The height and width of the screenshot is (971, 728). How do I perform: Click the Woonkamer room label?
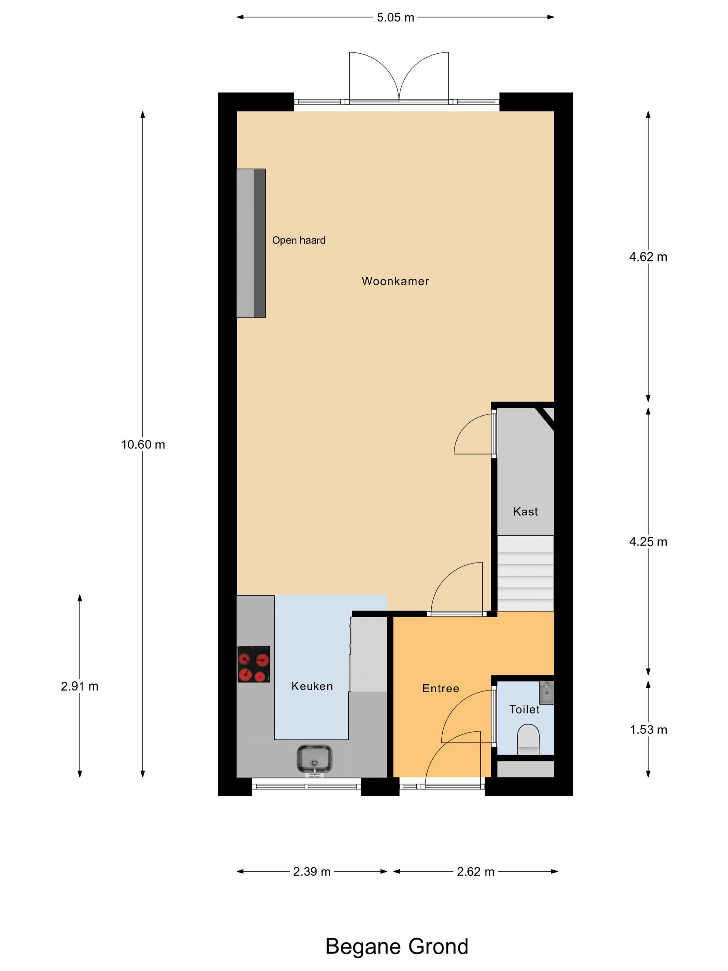[x=395, y=281]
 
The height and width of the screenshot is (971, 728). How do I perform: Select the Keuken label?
[x=312, y=686]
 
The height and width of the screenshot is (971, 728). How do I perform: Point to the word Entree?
[x=441, y=688]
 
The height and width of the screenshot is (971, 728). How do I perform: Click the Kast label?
[x=525, y=512]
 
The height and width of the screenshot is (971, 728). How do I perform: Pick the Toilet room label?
[x=525, y=710]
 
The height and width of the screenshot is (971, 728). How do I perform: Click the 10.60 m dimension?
[x=143, y=445]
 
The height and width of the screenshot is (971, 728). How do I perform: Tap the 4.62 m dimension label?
[x=648, y=257]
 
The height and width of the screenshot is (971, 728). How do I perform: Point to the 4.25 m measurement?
[x=648, y=542]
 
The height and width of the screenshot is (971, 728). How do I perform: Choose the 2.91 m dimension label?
[x=79, y=686]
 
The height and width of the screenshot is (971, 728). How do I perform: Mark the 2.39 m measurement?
[x=312, y=871]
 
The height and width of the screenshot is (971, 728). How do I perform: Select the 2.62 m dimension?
[x=475, y=871]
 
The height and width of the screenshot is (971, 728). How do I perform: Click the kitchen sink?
[x=314, y=758]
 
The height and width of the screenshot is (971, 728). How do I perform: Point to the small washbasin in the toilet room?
[x=546, y=692]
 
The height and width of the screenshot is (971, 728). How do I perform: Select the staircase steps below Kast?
[x=525, y=573]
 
